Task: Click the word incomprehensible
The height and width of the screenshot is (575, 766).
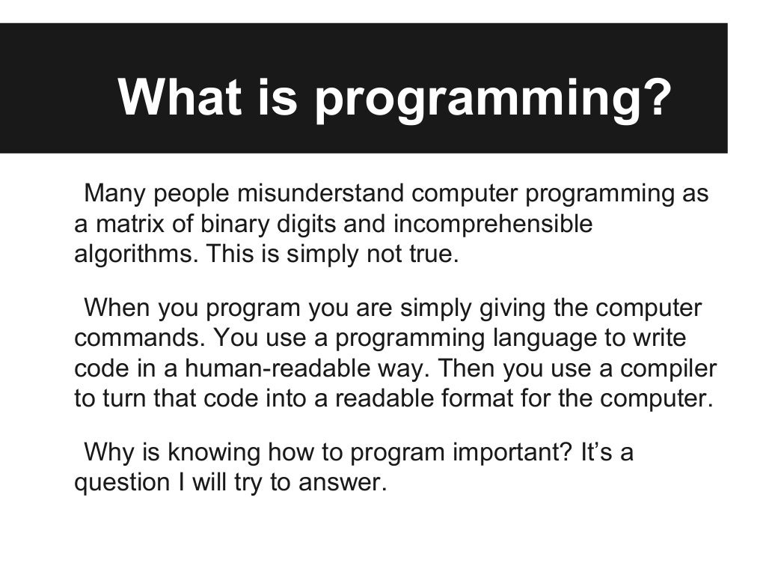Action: pos(492,224)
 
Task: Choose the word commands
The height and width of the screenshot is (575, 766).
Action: pos(139,338)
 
